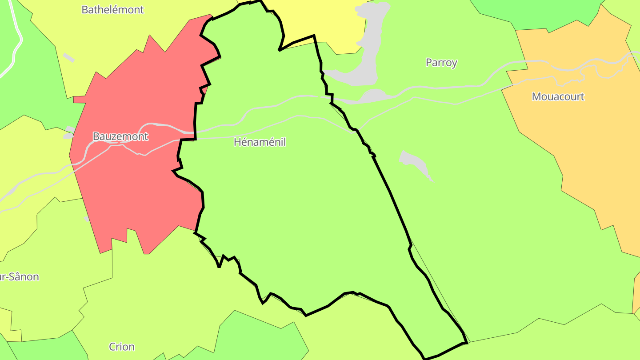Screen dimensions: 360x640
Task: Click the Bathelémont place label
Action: pos(112,10)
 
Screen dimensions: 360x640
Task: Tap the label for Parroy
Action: pos(441,63)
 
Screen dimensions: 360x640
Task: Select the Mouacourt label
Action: pos(558,96)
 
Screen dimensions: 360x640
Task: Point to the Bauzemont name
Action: pos(120,136)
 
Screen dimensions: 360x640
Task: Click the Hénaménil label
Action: pos(260,142)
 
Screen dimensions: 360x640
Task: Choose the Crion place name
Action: pos(121,347)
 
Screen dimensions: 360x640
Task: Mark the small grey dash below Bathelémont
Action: pos(68,57)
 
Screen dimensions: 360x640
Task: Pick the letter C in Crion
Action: pos(112,347)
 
